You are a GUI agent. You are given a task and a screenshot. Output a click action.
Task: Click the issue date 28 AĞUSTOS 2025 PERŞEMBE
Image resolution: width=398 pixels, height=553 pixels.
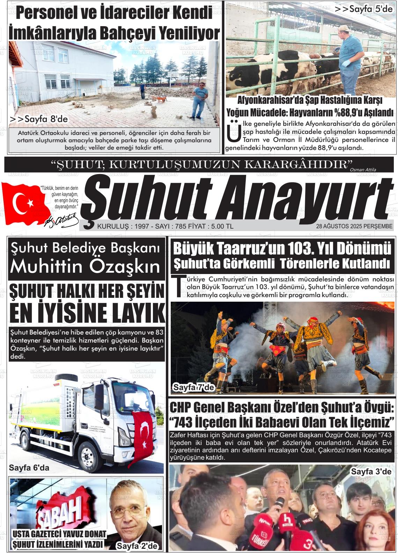(354, 226)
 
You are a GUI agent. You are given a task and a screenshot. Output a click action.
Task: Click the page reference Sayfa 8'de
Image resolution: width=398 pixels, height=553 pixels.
(38, 119)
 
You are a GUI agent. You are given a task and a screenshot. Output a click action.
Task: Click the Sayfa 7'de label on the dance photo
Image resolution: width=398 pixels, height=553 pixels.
(193, 387)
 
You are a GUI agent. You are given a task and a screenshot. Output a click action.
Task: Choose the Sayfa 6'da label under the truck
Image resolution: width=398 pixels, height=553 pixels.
(29, 468)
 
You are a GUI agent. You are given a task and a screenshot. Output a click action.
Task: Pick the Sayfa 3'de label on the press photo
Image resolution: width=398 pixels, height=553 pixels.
(371, 472)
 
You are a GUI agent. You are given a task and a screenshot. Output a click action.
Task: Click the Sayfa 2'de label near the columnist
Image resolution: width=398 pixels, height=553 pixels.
(137, 546)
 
